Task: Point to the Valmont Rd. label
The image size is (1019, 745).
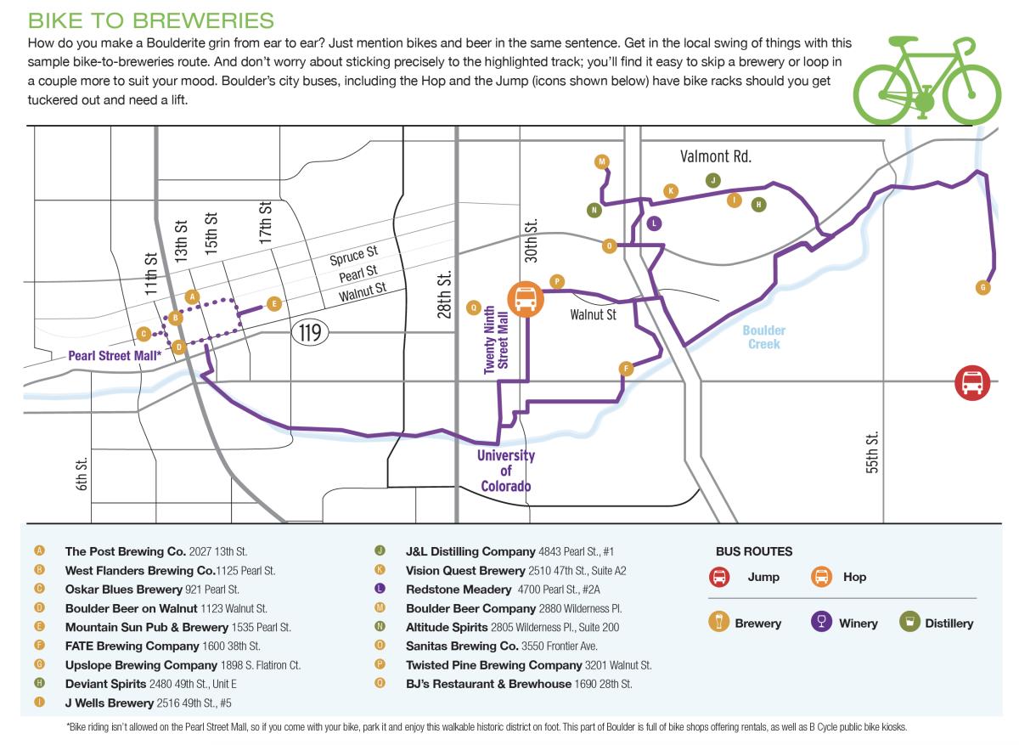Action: pos(716,156)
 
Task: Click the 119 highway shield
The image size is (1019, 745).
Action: pos(311,332)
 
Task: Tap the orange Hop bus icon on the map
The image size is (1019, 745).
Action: pos(525,298)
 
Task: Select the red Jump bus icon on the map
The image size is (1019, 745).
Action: pos(971,383)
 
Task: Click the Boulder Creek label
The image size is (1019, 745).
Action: pos(764,337)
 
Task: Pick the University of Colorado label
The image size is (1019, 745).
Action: pos(506,471)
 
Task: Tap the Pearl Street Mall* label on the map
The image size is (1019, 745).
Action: pos(114,355)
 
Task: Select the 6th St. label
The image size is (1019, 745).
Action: pos(82,473)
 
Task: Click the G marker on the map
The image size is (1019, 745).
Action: pos(983,287)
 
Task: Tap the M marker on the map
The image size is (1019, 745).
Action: pos(602,161)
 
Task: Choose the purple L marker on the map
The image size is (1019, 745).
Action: pos(653,223)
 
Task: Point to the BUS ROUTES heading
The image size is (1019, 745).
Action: pos(754,551)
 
